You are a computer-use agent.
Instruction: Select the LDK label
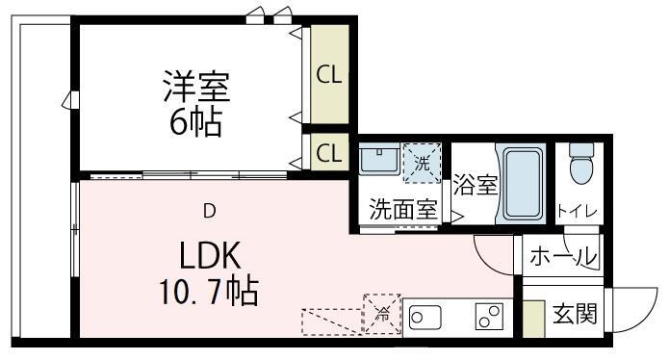213,256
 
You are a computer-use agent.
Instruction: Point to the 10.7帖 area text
207,291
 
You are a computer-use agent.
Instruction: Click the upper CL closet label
328,75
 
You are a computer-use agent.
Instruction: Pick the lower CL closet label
328,152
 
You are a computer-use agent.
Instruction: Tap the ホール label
564,257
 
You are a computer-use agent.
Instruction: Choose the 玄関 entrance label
574,314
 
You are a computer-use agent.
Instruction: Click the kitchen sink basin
425,316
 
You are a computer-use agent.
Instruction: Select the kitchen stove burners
489,316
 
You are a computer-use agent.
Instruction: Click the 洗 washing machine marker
422,163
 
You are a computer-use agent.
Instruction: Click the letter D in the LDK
208,211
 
